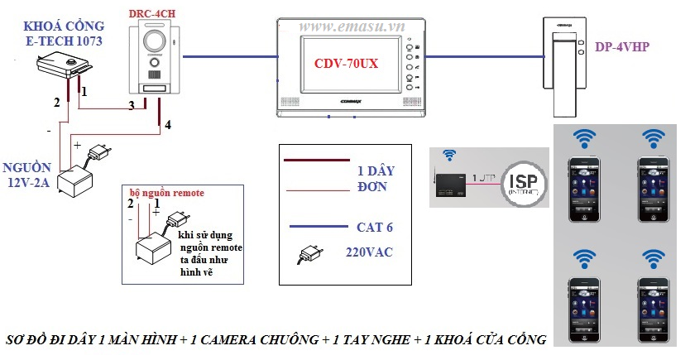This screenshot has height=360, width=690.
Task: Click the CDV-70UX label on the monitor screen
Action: [345, 63]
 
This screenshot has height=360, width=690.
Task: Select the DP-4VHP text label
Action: [621, 47]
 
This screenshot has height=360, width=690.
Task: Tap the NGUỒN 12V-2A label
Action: [31, 175]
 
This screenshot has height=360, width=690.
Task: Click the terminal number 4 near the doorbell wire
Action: [168, 126]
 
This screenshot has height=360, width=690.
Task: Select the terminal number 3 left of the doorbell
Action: [130, 105]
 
